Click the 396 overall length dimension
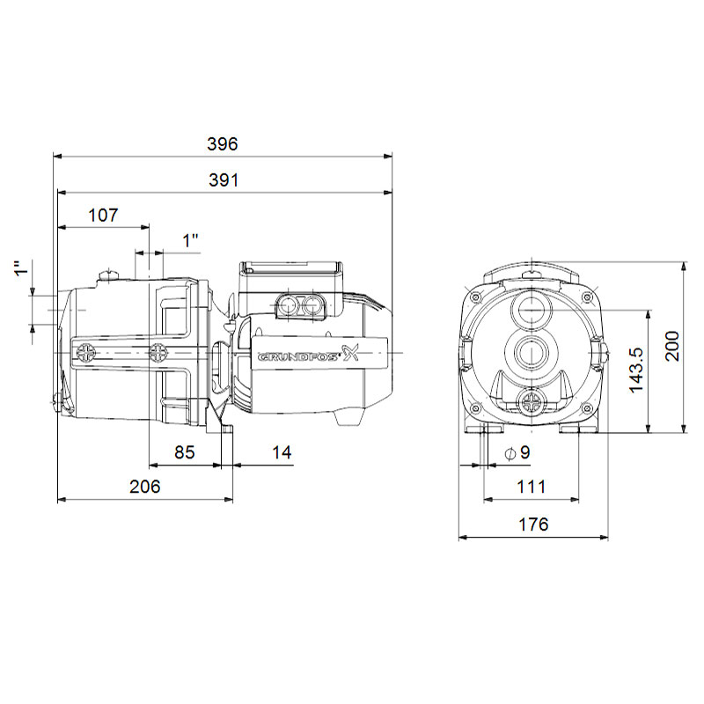(223, 144)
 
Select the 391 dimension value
(224, 180)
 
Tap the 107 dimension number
(103, 216)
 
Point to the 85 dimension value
(185, 452)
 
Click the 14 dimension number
(282, 452)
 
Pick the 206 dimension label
(144, 487)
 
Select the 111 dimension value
(532, 488)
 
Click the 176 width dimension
(533, 524)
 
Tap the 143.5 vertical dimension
(636, 370)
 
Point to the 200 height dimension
(672, 346)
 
